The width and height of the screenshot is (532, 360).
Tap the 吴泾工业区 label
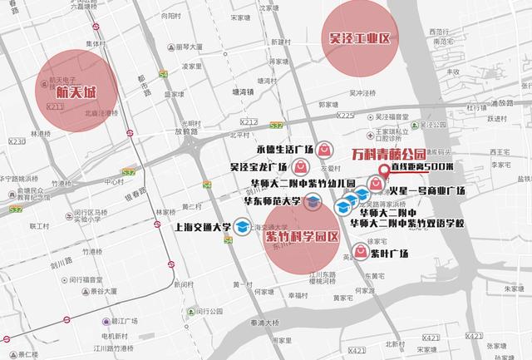(x=359, y=38)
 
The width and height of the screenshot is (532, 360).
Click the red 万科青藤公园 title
(x=388, y=154)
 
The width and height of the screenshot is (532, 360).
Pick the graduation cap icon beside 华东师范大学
(x=312, y=201)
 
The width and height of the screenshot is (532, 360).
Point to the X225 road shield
(x=347, y=116)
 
